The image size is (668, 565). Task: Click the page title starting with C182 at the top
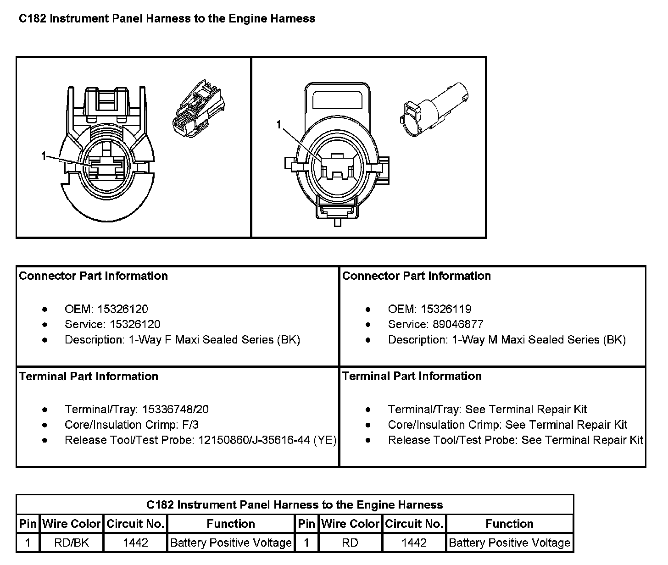tap(167, 19)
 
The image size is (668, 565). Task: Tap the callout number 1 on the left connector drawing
tap(44, 157)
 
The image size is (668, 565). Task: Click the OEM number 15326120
tap(122, 309)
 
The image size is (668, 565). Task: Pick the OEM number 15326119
tap(446, 309)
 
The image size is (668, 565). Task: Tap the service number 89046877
tap(458, 324)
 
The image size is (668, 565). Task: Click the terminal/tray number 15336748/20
tap(175, 410)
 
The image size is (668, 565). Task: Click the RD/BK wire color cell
tap(72, 543)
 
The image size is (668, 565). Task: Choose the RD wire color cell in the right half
tap(350, 543)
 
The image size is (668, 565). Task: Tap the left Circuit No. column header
tap(135, 524)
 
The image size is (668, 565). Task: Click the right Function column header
tap(509, 524)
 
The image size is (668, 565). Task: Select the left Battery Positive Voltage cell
tap(231, 543)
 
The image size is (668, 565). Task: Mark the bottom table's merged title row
tap(295, 505)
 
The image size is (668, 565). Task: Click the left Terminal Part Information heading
tap(89, 377)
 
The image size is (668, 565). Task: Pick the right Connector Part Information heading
tap(417, 276)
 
